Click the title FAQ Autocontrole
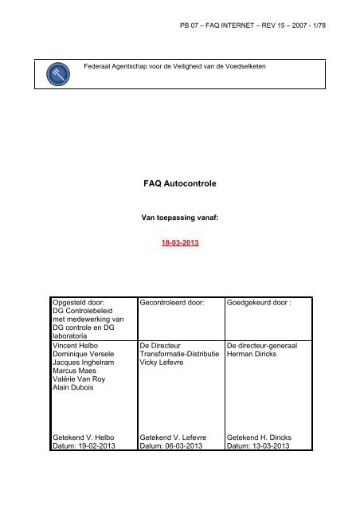(x=179, y=182)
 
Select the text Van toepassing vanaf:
(x=179, y=216)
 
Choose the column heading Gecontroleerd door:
(x=172, y=304)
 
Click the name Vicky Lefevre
(x=162, y=367)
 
